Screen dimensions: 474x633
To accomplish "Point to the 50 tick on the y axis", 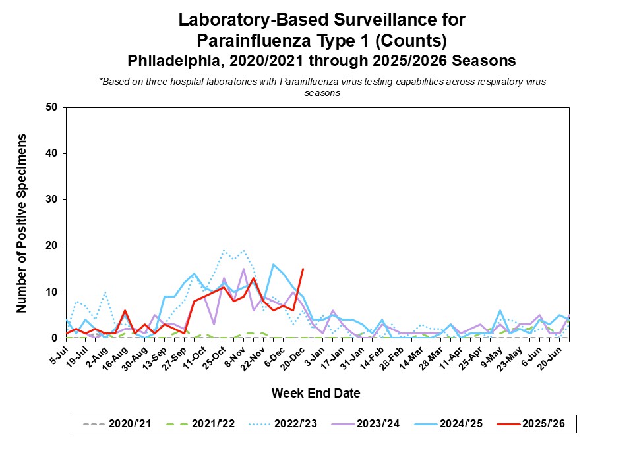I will [x=52, y=107].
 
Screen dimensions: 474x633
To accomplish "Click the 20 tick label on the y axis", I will [x=52, y=246].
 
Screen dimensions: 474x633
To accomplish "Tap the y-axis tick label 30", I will [x=52, y=199].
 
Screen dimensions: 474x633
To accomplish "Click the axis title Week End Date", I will [x=316, y=394].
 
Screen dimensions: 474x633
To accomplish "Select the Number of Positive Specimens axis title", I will [x=22, y=223].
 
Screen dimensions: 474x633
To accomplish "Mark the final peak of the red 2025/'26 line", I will [x=303, y=269].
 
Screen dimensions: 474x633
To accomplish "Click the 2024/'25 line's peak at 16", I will [x=273, y=264].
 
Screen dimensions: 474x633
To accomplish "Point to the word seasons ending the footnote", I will [x=322, y=93].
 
